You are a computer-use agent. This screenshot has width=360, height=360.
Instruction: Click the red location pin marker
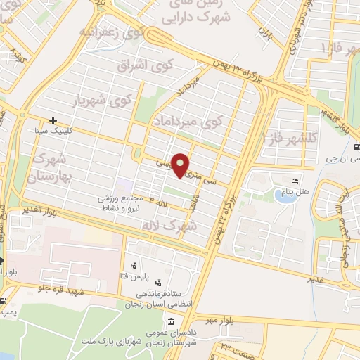[181, 165]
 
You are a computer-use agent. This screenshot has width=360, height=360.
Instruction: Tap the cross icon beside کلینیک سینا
[53, 120]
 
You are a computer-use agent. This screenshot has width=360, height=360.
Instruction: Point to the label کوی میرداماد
[181, 120]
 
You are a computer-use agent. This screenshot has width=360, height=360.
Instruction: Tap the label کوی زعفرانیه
[112, 32]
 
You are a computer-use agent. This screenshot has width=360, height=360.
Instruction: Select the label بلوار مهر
[219, 321]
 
